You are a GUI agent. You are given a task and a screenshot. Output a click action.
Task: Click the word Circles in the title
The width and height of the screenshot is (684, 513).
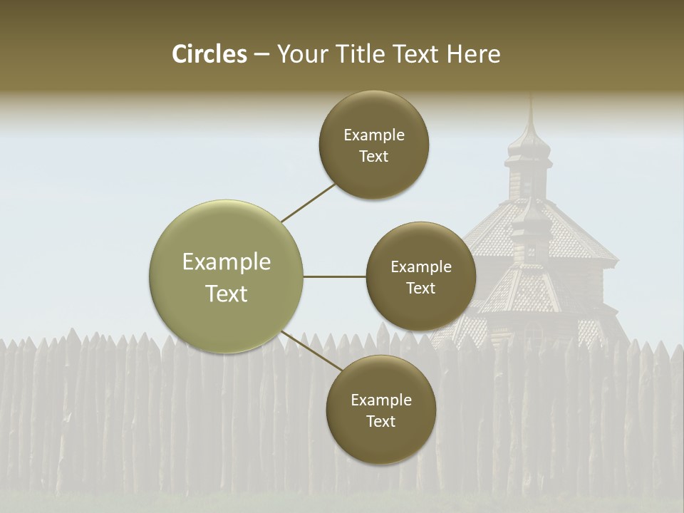coord(209,54)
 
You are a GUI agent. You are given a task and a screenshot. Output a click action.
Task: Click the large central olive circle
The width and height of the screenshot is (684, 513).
coord(226,276)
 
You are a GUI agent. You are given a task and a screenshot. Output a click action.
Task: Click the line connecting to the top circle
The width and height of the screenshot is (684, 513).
coord(309,202)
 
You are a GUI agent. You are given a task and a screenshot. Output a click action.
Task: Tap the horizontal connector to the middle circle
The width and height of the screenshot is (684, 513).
coord(334,276)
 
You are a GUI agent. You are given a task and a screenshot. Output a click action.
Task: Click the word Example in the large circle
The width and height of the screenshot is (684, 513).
coord(227,262)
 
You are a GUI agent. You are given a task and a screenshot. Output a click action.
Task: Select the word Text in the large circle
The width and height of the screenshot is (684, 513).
coord(227,294)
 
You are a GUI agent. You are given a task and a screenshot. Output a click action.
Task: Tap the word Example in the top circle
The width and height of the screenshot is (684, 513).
coord(374,135)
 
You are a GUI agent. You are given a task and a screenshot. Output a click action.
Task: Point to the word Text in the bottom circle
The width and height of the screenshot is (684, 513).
coord(380,421)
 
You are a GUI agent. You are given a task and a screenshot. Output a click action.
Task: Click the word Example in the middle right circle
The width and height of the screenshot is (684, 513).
coord(421,267)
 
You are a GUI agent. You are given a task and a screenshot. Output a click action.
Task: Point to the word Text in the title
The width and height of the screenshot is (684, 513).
coord(416,54)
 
